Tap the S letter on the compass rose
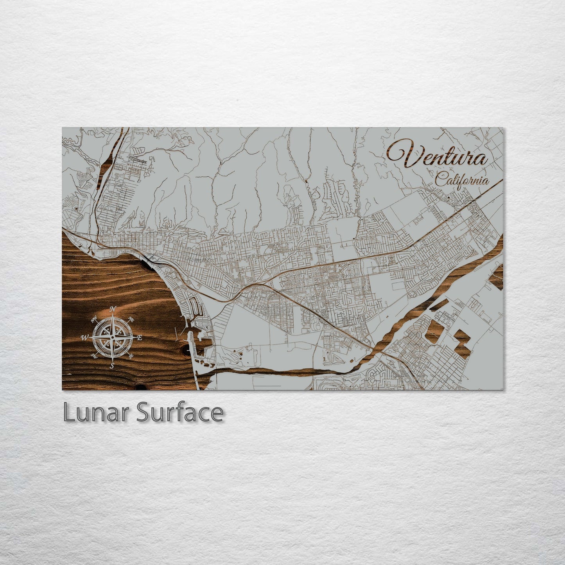pyautogui.click(x=112, y=366)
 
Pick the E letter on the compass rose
pyautogui.click(x=140, y=337)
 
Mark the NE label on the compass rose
pyautogui.click(x=131, y=319)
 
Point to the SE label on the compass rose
pyautogui.click(x=131, y=356)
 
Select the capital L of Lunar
pyautogui.click(x=69, y=413)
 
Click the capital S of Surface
pyautogui.click(x=143, y=413)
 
